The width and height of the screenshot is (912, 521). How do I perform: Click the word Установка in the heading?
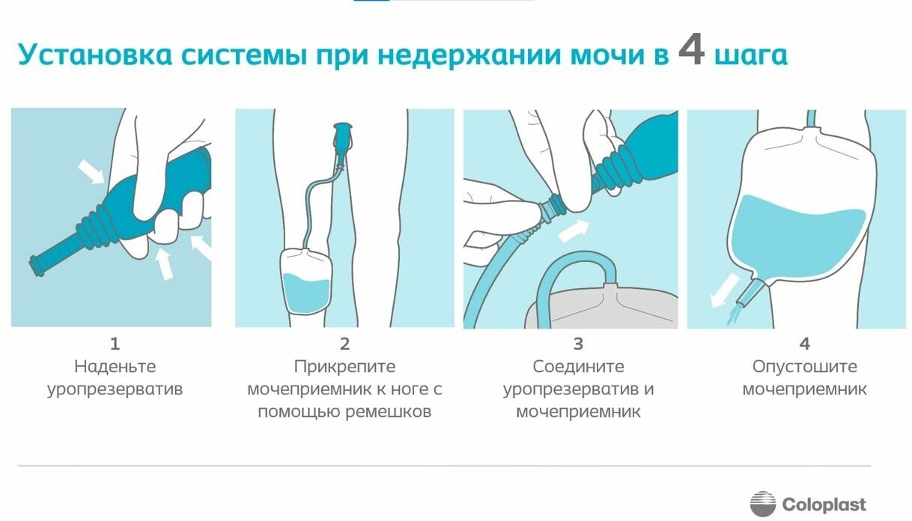95,55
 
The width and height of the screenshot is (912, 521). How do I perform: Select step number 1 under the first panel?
115,344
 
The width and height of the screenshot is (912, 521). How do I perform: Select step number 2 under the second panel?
344,344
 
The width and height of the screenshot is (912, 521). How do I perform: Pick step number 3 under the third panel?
578,344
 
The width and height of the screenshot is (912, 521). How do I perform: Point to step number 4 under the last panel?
804,344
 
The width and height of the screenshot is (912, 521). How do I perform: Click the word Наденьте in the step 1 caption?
115,367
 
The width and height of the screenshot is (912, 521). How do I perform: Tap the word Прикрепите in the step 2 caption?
344,367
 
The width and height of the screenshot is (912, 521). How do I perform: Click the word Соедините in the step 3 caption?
578,367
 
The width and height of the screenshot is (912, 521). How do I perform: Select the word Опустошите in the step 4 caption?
804,367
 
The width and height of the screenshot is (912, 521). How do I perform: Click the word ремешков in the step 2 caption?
388,412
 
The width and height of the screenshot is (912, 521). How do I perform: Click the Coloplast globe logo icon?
763,504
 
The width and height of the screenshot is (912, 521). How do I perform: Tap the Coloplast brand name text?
824,505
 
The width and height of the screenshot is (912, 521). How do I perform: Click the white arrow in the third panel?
574,230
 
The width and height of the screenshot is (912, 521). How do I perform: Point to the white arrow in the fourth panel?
726,290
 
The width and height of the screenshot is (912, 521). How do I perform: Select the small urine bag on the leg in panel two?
306,281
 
